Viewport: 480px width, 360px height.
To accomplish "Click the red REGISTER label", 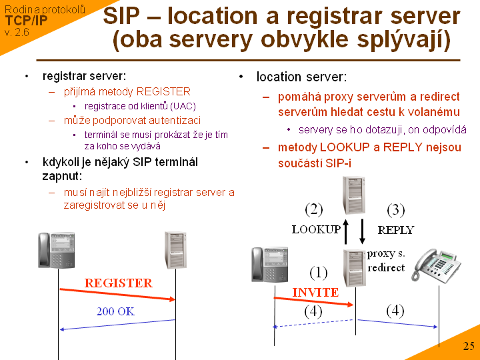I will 118,283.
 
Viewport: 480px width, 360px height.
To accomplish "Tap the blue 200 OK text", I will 115,311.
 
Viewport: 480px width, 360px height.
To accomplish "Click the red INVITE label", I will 315,292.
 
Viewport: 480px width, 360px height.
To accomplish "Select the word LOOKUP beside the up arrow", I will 316,229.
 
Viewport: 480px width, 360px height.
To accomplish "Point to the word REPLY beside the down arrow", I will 395,229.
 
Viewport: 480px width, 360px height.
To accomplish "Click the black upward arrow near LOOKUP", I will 346,231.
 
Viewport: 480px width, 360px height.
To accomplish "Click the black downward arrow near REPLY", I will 362,231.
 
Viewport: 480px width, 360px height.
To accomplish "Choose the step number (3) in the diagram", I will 396,210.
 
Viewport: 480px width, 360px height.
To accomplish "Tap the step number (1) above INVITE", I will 319,272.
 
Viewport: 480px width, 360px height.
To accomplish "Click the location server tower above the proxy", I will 353,193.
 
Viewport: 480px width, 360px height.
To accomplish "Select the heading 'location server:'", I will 301,77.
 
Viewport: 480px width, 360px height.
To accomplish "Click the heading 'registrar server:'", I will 84,77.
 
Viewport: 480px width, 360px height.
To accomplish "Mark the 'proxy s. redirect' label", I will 385,260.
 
